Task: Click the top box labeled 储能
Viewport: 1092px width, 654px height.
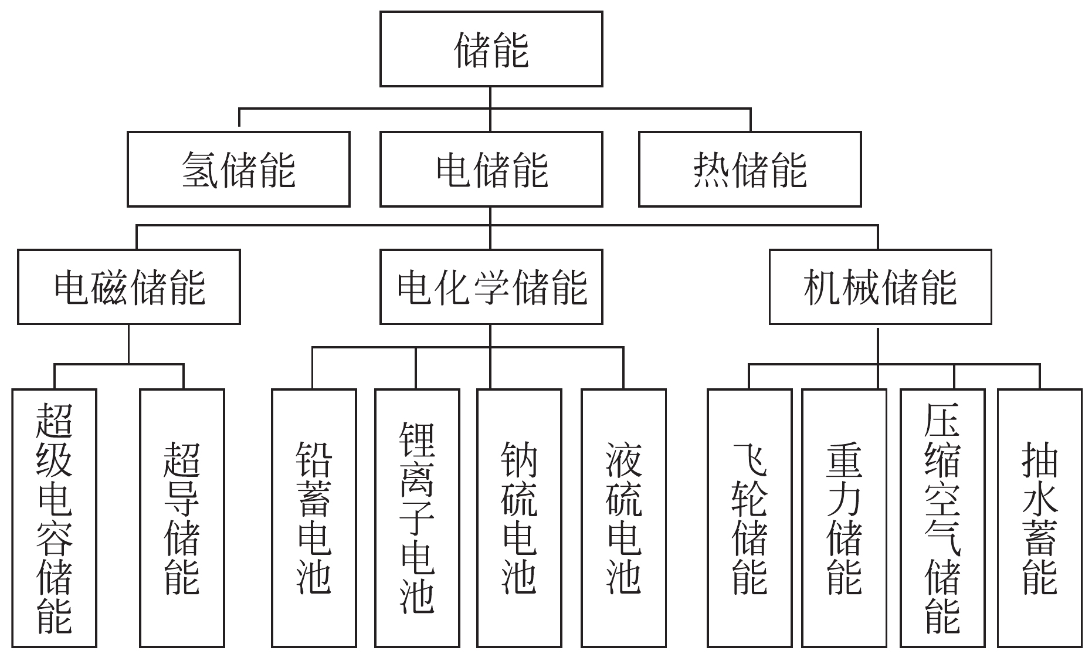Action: tap(491, 49)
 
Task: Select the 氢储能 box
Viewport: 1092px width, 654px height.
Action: tap(238, 169)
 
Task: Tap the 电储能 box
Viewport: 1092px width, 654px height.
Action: tap(491, 169)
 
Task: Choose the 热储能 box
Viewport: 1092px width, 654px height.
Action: tap(750, 169)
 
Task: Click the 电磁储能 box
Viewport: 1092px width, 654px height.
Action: tap(129, 287)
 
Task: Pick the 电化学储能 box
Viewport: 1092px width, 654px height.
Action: tap(491, 287)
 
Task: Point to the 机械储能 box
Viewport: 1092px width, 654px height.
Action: tap(880, 287)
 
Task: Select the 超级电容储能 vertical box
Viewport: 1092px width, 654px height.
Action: tap(54, 517)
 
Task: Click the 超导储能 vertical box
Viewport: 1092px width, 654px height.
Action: tap(182, 517)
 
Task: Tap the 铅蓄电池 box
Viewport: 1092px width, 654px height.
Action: tap(314, 517)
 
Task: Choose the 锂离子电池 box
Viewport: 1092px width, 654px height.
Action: tap(417, 517)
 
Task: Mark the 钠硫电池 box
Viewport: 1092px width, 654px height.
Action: tap(519, 517)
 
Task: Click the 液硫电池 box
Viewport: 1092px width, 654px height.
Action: tap(623, 517)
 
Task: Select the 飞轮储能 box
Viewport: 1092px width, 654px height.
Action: tap(750, 517)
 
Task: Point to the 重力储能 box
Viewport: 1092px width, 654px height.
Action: tap(844, 517)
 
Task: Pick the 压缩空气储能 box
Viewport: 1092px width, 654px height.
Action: tap(942, 517)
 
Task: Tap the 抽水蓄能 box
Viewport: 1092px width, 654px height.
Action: tap(1039, 517)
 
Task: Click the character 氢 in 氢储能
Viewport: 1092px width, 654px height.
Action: tap(200, 170)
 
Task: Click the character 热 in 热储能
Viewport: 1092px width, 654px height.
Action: tap(711, 170)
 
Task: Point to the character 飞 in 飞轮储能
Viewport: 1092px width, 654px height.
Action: tap(750, 460)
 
